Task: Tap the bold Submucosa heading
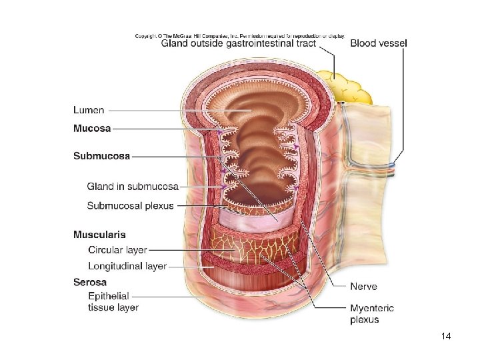click(101, 155)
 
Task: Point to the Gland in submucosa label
click(133, 186)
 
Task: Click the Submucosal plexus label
click(130, 205)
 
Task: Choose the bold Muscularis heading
click(99, 235)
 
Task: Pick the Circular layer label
click(117, 250)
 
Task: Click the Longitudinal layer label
click(127, 266)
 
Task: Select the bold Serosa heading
click(89, 282)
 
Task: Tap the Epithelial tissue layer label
click(113, 301)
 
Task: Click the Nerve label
click(363, 287)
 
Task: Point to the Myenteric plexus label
click(372, 313)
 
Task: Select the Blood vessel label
click(379, 44)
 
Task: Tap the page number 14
click(446, 337)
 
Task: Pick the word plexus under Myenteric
click(364, 319)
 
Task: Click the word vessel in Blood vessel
click(393, 44)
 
